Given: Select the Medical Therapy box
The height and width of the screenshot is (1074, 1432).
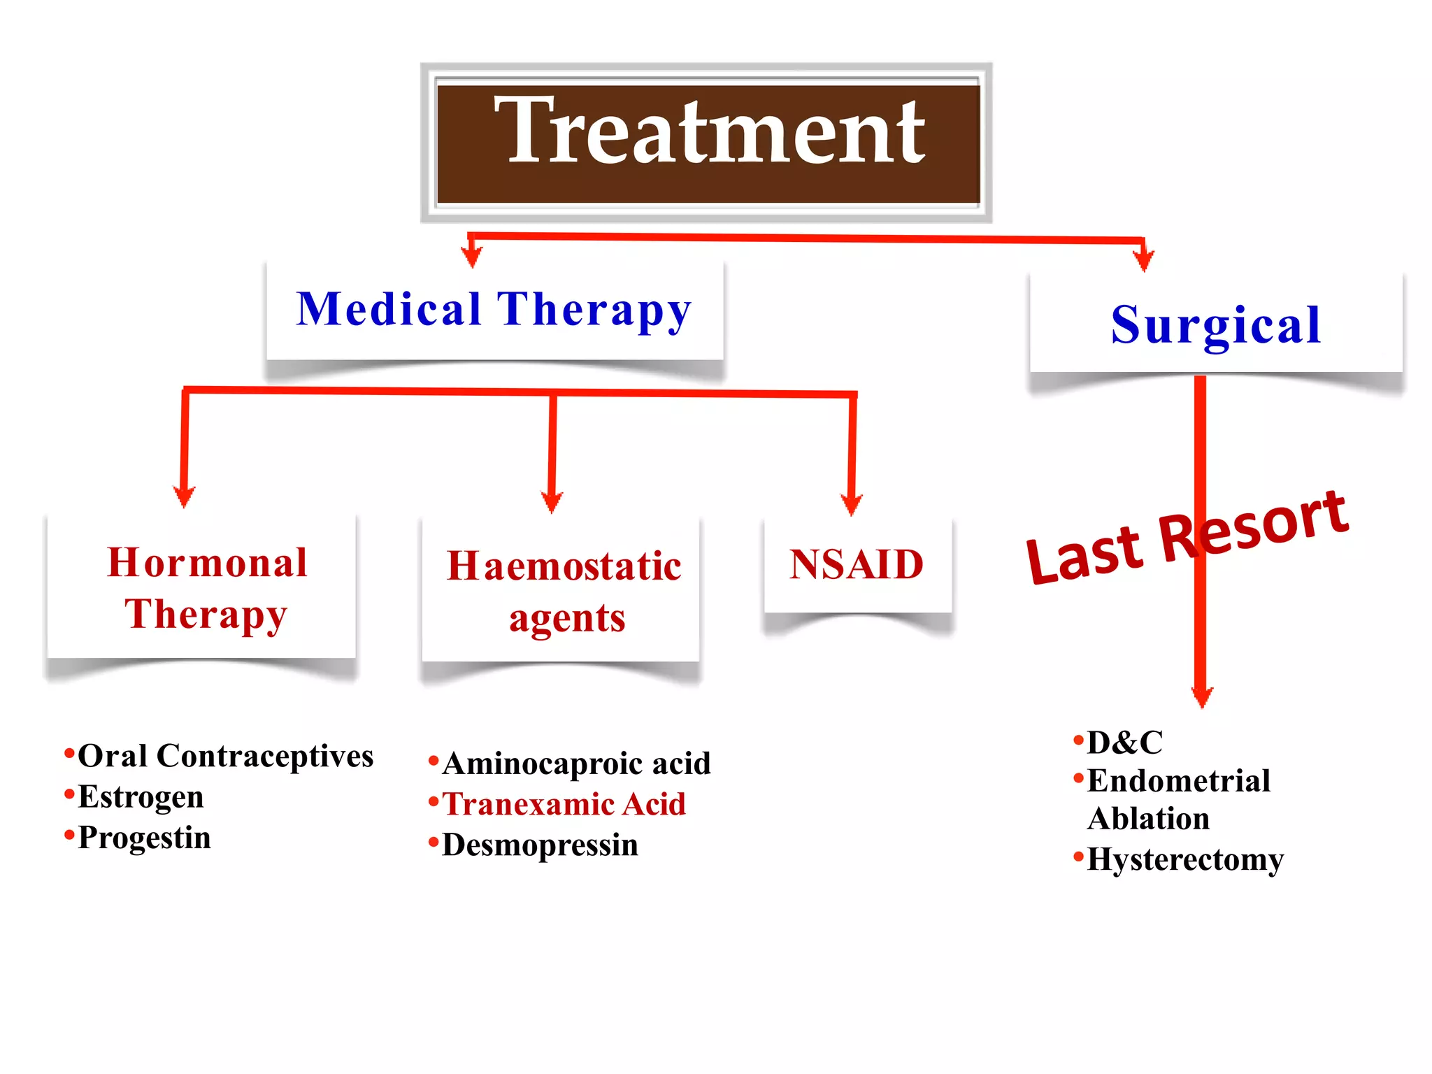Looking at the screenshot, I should click(x=494, y=310).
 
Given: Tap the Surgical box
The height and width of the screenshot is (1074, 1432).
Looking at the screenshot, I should click(x=1216, y=324).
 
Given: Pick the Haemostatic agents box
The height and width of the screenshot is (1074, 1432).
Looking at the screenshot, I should click(x=562, y=591).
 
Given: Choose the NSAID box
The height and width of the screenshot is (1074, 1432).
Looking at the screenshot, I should click(x=857, y=565).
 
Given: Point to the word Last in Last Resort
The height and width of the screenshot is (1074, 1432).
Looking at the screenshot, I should click(x=1084, y=555).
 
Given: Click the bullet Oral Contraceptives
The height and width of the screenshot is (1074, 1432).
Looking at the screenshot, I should click(x=225, y=756).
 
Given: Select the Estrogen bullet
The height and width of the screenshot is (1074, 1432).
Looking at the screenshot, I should click(x=141, y=796).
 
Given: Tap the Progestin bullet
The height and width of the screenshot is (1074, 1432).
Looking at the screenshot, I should click(x=144, y=838).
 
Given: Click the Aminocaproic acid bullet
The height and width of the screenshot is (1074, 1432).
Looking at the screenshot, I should click(x=576, y=764).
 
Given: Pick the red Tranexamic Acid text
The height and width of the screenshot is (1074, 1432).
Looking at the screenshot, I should click(x=564, y=804).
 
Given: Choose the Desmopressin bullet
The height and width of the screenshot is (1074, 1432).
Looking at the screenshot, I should click(x=540, y=845).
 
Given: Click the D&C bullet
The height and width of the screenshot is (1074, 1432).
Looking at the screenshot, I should click(x=1124, y=743).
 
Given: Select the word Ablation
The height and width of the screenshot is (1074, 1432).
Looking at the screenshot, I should click(x=1148, y=819).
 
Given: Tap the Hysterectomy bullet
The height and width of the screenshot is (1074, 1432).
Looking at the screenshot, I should click(x=1185, y=859).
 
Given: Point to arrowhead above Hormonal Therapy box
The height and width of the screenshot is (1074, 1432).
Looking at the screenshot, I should click(x=184, y=497).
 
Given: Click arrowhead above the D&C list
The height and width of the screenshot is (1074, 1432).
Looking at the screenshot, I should click(x=1202, y=697).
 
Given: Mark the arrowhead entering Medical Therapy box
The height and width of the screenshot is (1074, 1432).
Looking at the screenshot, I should click(x=473, y=258).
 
